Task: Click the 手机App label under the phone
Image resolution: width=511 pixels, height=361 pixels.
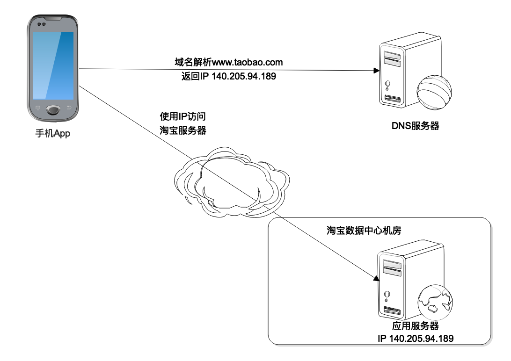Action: click(52, 134)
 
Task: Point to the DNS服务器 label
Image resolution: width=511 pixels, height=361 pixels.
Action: click(415, 126)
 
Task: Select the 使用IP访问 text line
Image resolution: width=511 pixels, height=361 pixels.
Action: click(183, 116)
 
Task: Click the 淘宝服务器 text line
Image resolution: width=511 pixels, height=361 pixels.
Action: click(183, 130)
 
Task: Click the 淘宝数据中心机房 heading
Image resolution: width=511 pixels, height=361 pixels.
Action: click(364, 231)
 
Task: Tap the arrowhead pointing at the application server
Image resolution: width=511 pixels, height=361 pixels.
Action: click(376, 279)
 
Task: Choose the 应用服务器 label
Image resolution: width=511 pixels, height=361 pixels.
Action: click(415, 326)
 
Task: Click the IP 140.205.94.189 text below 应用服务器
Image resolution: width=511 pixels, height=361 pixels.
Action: click(415, 338)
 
